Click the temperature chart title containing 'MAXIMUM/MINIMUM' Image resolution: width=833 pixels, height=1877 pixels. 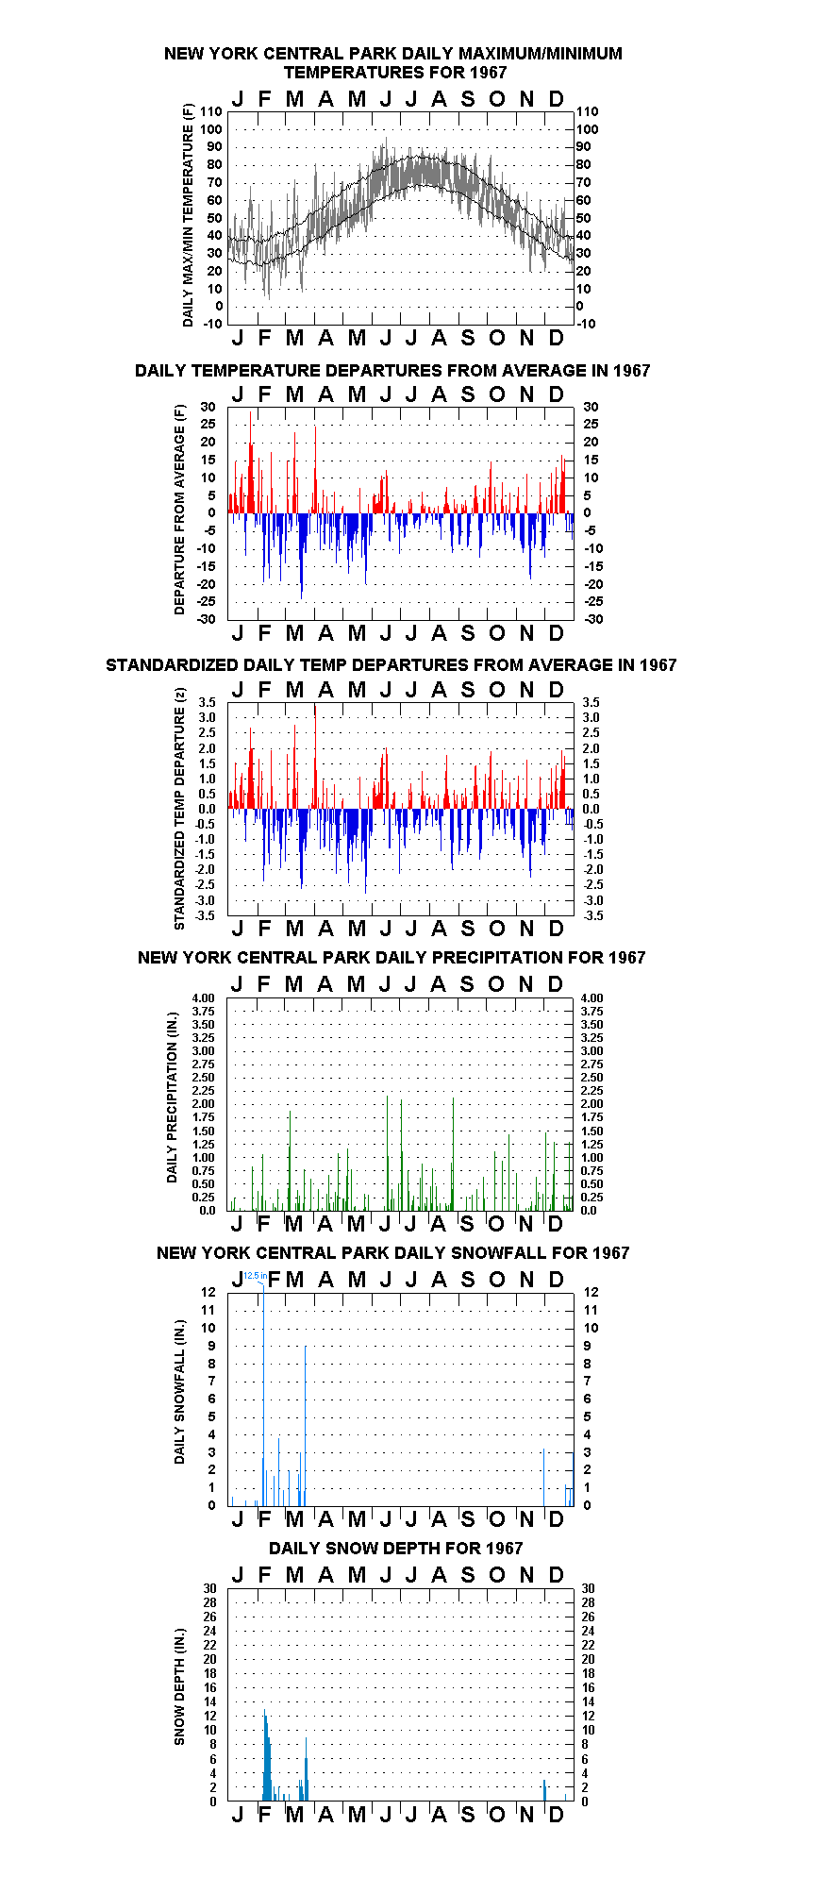point(392,62)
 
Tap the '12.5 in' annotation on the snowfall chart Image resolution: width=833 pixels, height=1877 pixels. point(255,1275)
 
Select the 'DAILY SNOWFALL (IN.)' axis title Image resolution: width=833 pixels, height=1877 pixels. point(179,1391)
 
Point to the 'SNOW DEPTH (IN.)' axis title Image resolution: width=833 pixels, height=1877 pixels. point(179,1686)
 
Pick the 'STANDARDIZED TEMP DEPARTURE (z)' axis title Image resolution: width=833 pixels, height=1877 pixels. point(179,808)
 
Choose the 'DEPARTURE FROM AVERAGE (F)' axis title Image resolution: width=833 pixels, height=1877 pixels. point(179,510)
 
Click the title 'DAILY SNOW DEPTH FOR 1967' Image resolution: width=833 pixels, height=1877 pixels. point(395,1548)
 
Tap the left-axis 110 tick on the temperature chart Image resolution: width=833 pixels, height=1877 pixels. point(211,111)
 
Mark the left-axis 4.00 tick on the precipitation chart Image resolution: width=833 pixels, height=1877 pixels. point(203,997)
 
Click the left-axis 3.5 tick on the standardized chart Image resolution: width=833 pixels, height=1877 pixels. point(207,702)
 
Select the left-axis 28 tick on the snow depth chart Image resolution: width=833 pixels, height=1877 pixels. point(209,1602)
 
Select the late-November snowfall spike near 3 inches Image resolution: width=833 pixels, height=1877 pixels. point(543,1477)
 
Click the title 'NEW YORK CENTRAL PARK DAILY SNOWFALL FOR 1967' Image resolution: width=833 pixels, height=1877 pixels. point(392,1252)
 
